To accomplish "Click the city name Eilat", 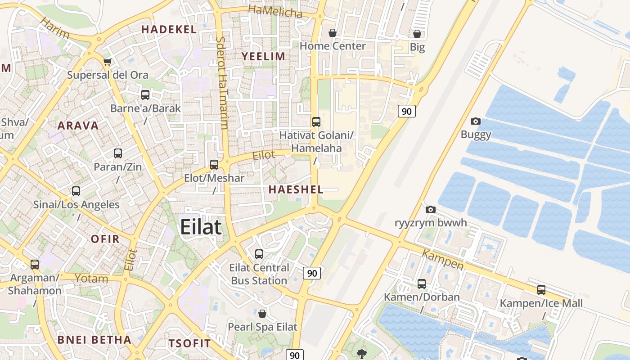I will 201,227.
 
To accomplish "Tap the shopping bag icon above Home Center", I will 333,33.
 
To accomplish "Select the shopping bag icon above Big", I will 417,34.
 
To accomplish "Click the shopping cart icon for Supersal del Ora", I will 107,62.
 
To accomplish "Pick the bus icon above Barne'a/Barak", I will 145,95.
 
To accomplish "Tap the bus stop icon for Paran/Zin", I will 118,153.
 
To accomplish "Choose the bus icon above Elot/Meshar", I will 214,165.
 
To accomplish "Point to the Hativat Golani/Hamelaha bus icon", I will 316,121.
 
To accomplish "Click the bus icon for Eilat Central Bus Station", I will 259,254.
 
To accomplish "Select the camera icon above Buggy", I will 475,121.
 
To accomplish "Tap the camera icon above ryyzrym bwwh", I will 431,209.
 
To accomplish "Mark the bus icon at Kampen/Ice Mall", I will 541,290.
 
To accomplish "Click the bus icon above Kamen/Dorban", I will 422,284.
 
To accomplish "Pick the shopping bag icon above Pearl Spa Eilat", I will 262,313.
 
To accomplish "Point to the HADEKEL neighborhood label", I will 169,30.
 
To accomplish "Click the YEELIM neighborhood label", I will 264,56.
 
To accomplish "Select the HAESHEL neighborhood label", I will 296,189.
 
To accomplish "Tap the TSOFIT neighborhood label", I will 189,343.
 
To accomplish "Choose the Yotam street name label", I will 91,279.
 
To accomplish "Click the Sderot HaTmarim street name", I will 222,83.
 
